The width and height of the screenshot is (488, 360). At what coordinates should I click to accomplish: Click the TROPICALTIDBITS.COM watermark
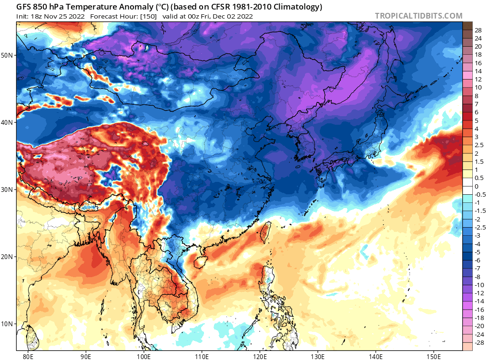(418, 16)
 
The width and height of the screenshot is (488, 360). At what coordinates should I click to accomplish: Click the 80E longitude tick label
(28, 355)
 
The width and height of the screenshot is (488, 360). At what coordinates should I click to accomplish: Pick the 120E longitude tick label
(260, 355)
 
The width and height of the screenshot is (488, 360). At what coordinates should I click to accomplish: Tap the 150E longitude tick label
(434, 355)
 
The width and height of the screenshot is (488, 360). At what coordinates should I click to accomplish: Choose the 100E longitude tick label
(143, 355)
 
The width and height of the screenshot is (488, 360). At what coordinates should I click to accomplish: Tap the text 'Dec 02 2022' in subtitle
(234, 16)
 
